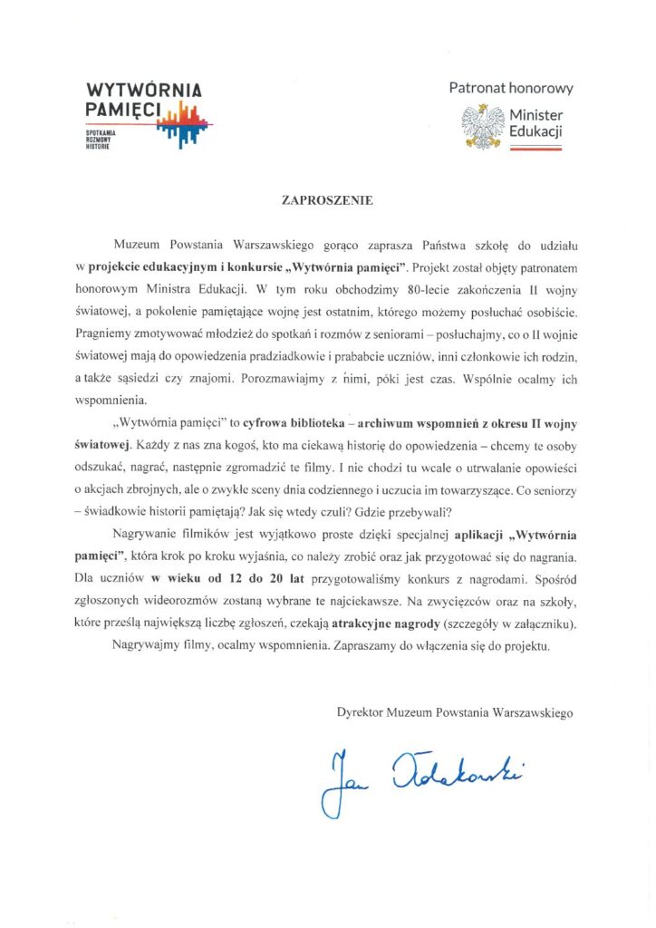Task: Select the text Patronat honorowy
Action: click(x=511, y=88)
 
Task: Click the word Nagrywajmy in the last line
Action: click(x=149, y=647)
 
